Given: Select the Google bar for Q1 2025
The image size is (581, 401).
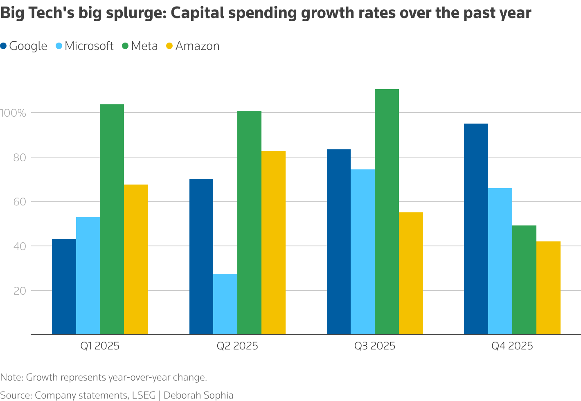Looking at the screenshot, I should click(64, 287).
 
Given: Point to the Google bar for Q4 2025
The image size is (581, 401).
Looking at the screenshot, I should click(476, 229).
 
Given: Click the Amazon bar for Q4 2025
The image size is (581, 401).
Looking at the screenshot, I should click(548, 288).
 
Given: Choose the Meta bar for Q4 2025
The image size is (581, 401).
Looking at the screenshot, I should click(524, 280).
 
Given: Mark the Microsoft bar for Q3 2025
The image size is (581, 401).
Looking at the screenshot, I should click(363, 252).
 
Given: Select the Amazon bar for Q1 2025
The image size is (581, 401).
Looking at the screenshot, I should click(136, 259).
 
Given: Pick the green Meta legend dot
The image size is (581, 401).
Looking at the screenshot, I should click(126, 46).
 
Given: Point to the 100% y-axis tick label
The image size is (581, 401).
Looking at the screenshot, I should click(14, 113).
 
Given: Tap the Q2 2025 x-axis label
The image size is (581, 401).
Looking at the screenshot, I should click(237, 346).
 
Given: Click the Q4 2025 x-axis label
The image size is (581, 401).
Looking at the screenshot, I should click(512, 346).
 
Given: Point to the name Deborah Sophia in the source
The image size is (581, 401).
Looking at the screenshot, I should click(199, 395).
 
